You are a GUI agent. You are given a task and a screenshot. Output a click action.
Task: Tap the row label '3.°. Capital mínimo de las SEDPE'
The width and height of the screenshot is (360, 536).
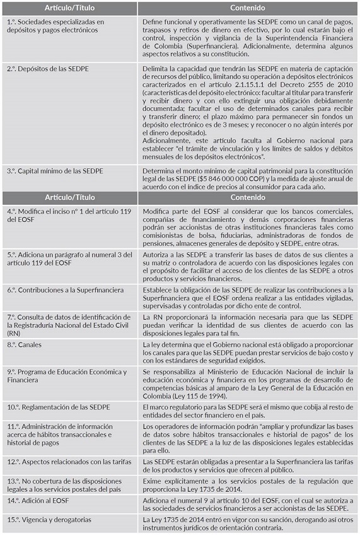tap(55, 171)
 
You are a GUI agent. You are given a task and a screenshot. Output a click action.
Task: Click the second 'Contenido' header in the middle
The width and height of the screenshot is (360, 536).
tap(248, 197)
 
